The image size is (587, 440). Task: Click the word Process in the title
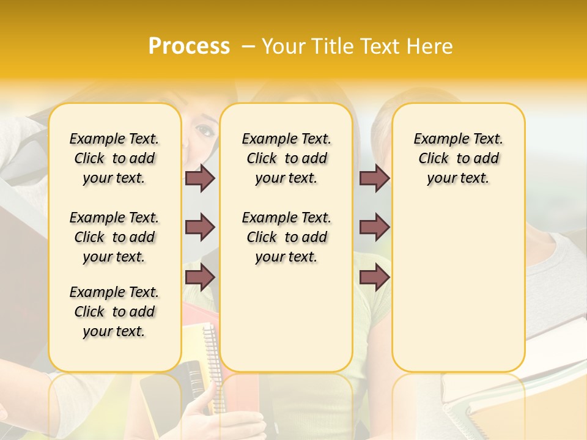pyautogui.click(x=189, y=46)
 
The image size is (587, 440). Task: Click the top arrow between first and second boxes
pyautogui.click(x=200, y=178)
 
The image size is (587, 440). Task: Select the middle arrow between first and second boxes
pyautogui.click(x=200, y=227)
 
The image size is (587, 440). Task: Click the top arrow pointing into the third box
pyautogui.click(x=374, y=178)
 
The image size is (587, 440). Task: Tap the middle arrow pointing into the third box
pyautogui.click(x=374, y=227)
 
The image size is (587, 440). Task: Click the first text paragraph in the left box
pyautogui.click(x=114, y=158)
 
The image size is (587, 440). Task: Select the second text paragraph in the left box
pyautogui.click(x=114, y=237)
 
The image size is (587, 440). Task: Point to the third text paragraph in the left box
pyautogui.click(x=114, y=312)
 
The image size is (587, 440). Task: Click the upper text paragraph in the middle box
pyautogui.click(x=286, y=158)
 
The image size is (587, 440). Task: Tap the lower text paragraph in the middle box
pyautogui.click(x=286, y=237)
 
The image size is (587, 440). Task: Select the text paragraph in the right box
pyautogui.click(x=458, y=158)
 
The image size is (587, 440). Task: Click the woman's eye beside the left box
pyautogui.click(x=204, y=130)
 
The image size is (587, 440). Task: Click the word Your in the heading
pyautogui.click(x=283, y=46)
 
